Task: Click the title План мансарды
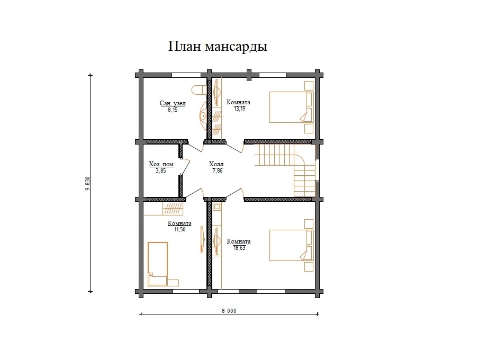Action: tap(218, 47)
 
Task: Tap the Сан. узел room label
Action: tap(173, 103)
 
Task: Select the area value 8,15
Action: tap(173, 110)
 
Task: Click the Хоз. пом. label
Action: tap(161, 164)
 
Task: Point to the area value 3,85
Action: tap(161, 170)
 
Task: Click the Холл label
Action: tap(216, 164)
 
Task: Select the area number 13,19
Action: tap(239, 109)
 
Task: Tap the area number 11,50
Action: tap(180, 230)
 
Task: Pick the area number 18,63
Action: tap(239, 248)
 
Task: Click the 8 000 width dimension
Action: tap(229, 311)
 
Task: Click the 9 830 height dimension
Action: tap(87, 183)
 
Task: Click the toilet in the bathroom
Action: tap(199, 90)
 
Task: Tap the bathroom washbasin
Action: tap(203, 115)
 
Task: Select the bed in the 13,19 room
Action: tap(291, 107)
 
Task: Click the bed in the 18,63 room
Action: tap(291, 246)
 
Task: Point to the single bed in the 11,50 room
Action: tap(158, 264)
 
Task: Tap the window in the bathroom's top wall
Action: tap(186, 75)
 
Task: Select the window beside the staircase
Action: tap(317, 170)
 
